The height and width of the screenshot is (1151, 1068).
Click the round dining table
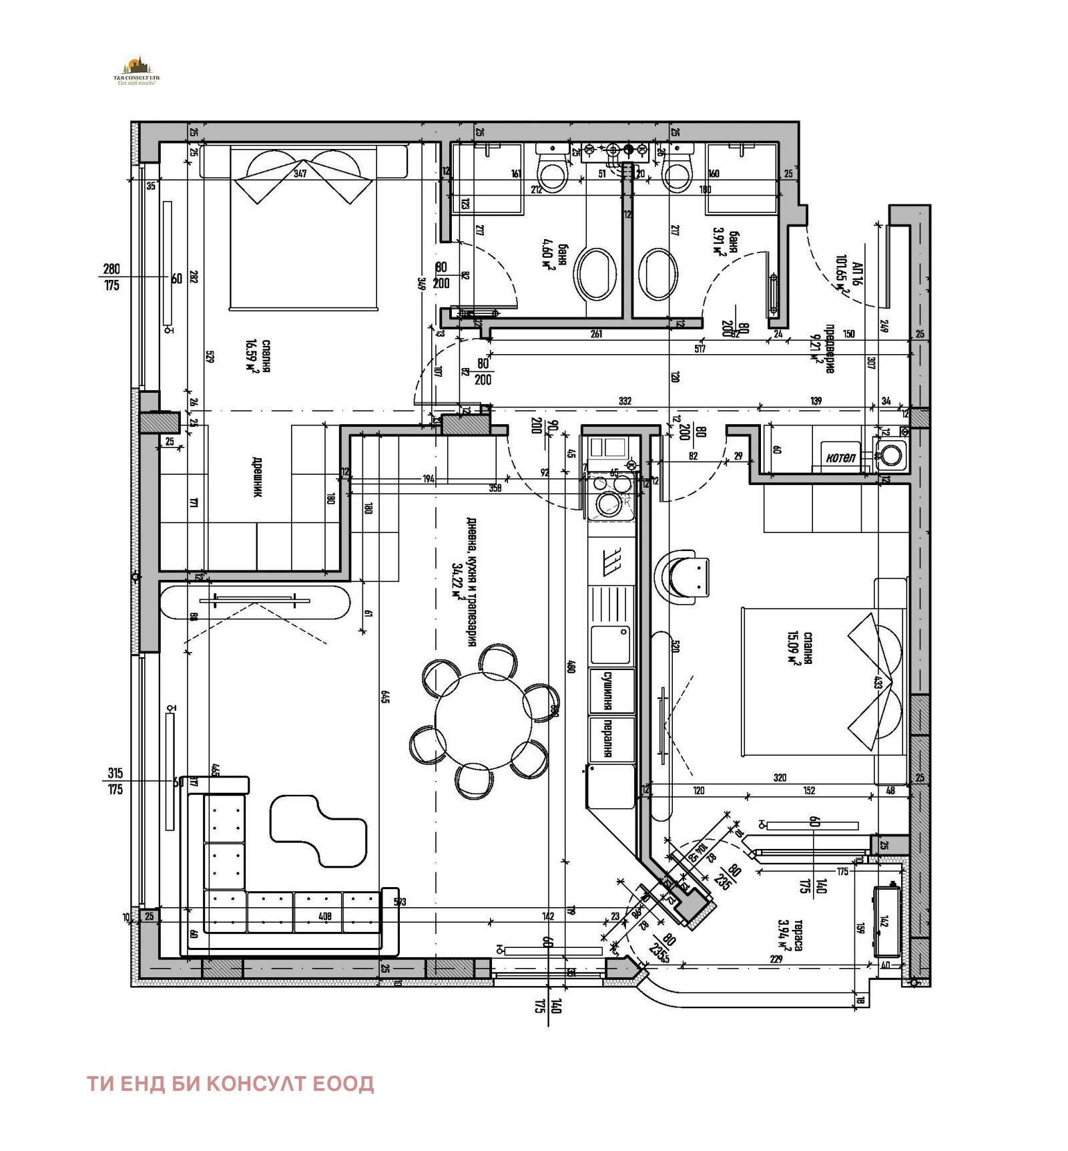(483, 721)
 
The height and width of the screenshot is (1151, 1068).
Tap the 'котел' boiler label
(840, 458)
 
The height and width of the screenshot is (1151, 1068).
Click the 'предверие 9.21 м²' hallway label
(823, 349)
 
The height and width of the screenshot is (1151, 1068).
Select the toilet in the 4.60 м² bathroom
(553, 171)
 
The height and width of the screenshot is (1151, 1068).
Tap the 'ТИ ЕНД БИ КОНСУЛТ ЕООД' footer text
(231, 1083)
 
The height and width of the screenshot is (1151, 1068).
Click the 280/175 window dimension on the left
(111, 277)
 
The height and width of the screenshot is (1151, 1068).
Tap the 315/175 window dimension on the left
(115, 781)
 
